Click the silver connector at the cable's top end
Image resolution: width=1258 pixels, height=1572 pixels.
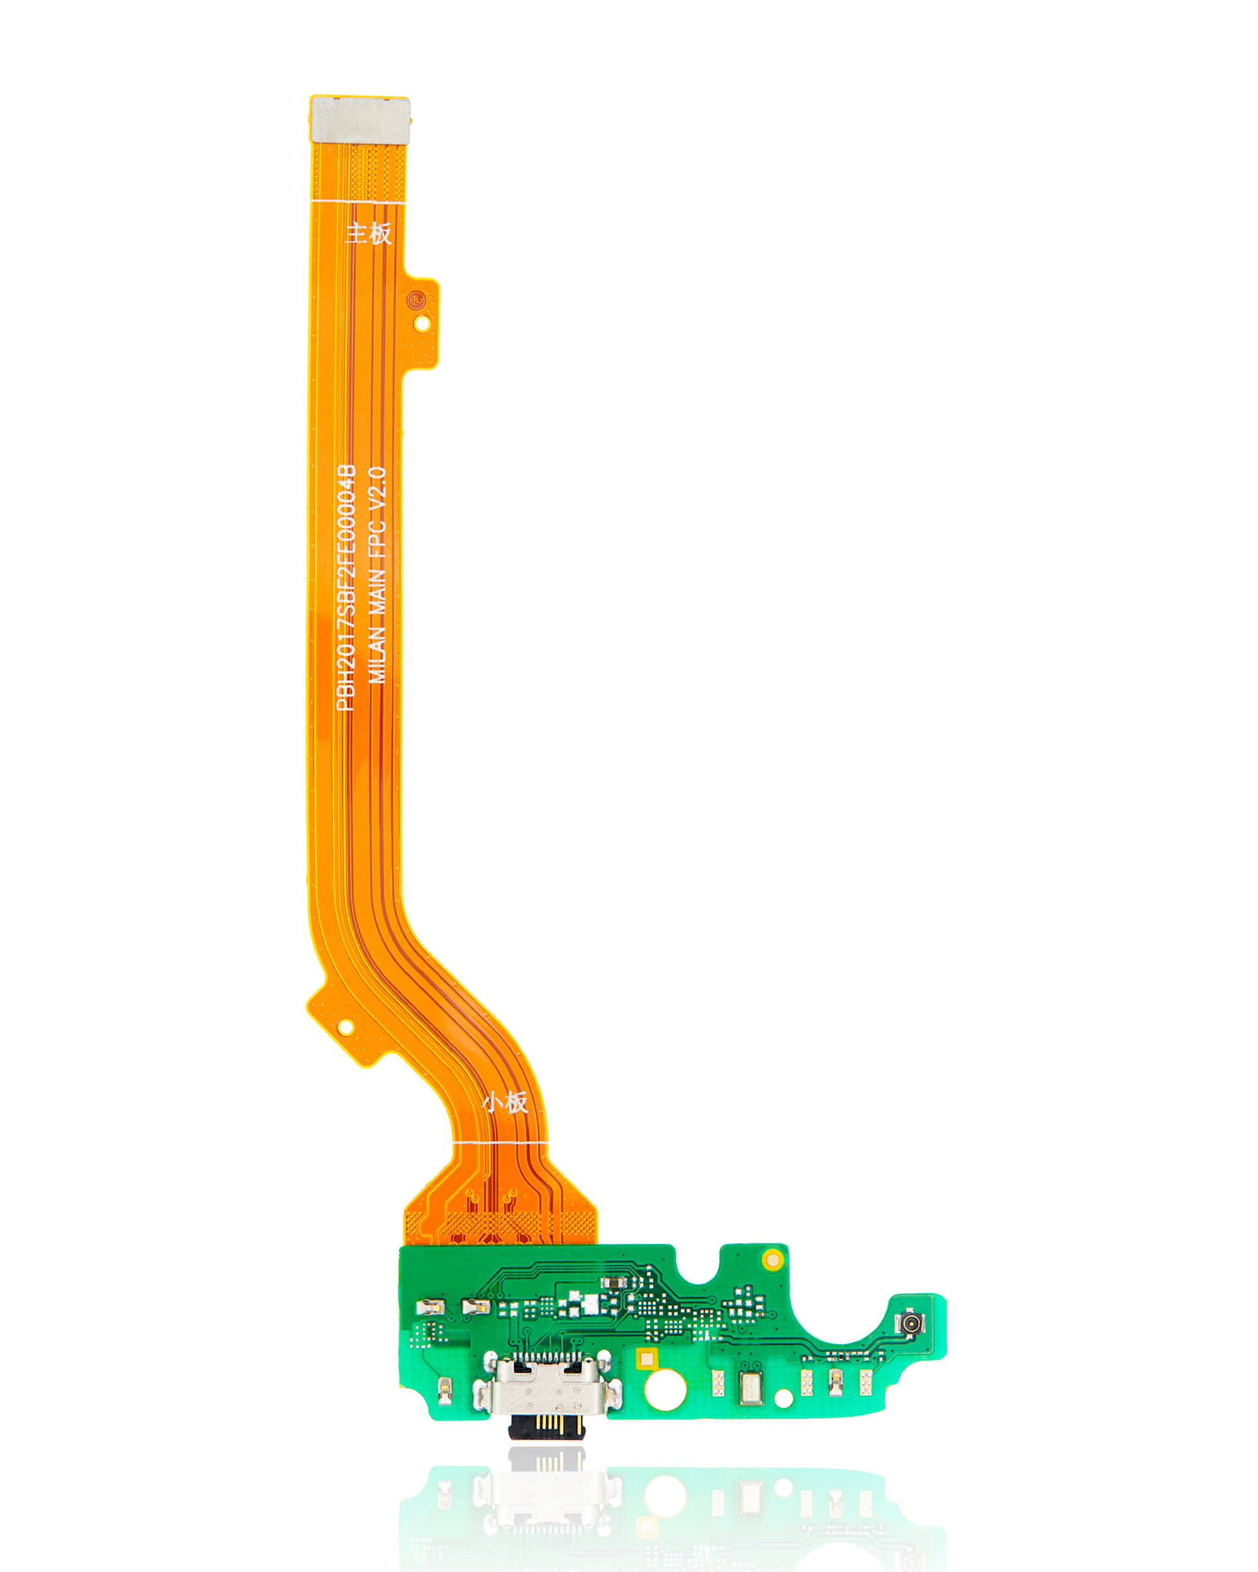coord(360,119)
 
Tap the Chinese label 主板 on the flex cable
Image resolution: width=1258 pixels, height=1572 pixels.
coord(369,233)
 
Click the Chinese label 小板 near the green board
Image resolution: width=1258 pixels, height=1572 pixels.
coord(504,1102)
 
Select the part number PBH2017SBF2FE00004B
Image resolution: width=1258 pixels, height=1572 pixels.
coord(346,588)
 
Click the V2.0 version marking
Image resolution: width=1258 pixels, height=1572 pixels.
coord(377,490)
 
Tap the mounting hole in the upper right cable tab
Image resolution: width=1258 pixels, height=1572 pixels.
coord(421,323)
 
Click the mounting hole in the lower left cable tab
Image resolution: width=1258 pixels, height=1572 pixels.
coord(346,1027)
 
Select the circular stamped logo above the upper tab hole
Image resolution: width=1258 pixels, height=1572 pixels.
coord(416,298)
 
